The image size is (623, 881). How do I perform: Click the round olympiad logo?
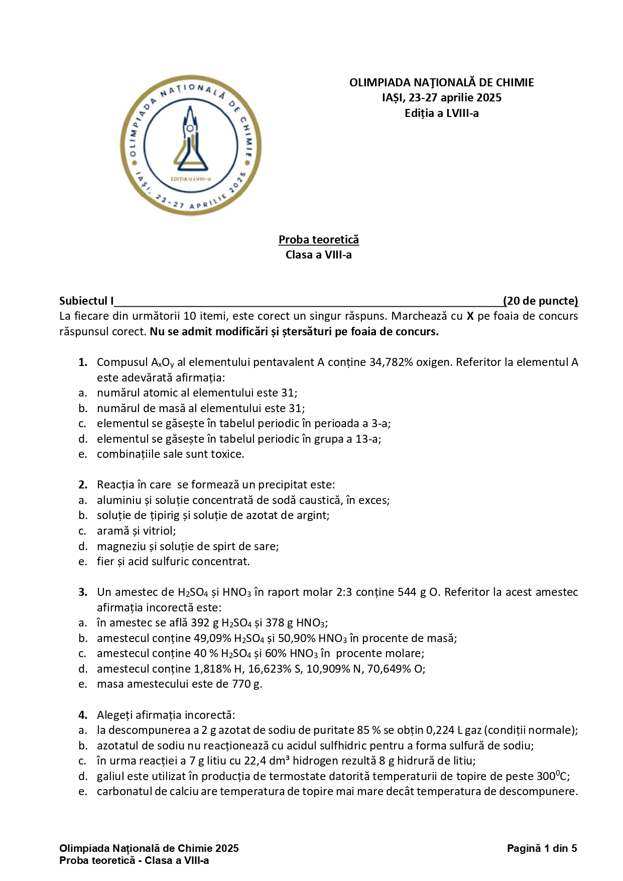[190, 146]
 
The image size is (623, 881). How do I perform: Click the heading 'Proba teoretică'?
[319, 239]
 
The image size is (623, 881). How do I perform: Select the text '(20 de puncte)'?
[541, 301]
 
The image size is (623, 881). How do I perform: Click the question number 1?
[83, 362]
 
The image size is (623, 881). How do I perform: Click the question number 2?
[83, 484]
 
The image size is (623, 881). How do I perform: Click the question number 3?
[83, 592]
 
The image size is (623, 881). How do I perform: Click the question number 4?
[83, 715]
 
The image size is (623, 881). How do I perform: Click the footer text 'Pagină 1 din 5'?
[542, 848]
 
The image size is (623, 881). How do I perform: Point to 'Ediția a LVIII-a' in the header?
[441, 113]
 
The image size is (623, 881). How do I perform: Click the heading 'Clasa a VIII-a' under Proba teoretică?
[319, 255]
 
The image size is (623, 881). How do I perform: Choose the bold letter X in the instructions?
[470, 316]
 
